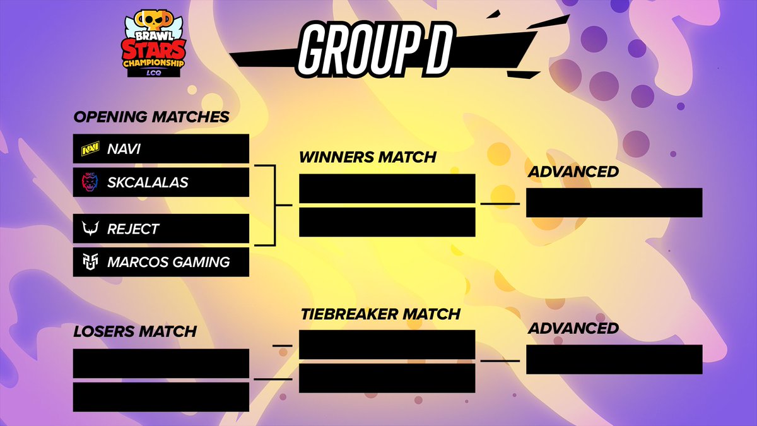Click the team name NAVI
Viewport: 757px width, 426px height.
click(x=124, y=150)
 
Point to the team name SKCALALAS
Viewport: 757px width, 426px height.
click(x=148, y=182)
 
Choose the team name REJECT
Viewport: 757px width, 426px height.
click(x=133, y=229)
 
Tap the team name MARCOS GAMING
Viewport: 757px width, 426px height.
click(x=168, y=261)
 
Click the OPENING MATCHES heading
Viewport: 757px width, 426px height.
click(x=151, y=117)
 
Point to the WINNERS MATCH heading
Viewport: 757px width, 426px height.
click(x=368, y=157)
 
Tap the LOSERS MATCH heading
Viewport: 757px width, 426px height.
click(x=135, y=331)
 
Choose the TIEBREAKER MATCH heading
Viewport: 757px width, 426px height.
click(x=380, y=314)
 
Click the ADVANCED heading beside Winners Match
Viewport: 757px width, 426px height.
click(x=573, y=172)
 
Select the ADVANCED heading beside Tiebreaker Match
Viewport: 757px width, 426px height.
click(x=573, y=328)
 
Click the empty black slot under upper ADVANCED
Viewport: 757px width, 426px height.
click(x=614, y=203)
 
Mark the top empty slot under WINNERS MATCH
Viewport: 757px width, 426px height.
click(x=387, y=189)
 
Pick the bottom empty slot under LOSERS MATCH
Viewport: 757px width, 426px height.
click(x=161, y=397)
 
